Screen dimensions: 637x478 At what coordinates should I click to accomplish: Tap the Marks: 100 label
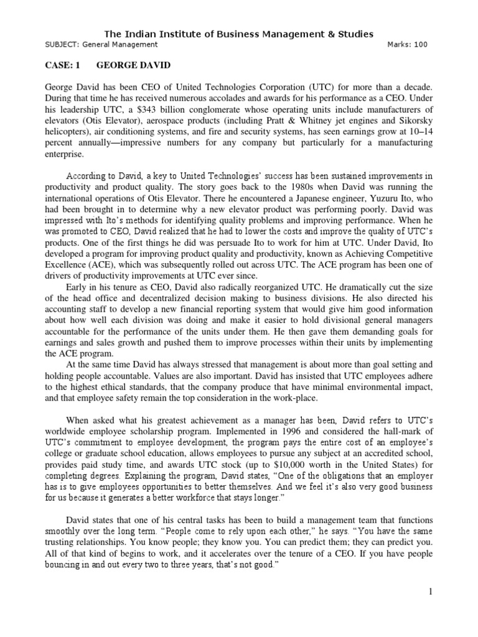click(x=407, y=45)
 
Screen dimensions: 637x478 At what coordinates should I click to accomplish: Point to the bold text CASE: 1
click(x=63, y=65)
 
